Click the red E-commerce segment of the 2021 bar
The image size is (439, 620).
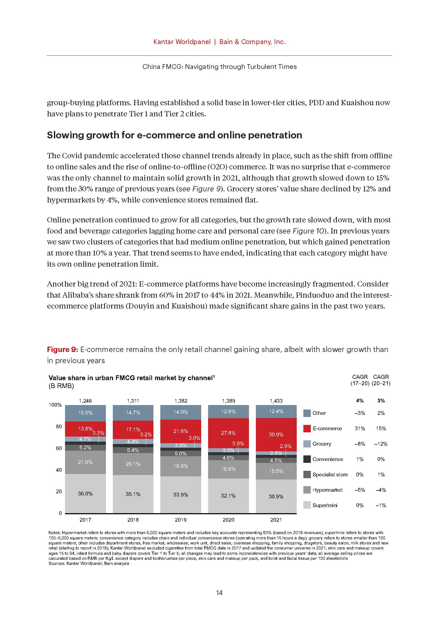276,434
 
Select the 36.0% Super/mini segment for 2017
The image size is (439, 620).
85,493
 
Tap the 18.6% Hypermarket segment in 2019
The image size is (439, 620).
180,466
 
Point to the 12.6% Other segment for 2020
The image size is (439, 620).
229,412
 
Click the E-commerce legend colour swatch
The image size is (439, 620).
307,429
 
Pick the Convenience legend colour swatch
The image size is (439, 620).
307,459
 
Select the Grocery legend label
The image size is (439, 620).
322,444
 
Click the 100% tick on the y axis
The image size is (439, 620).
55,405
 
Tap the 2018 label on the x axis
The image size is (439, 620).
133,520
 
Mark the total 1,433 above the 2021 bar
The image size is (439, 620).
276,401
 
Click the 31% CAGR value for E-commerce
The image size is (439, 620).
360,429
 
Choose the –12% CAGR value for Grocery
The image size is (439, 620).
381,444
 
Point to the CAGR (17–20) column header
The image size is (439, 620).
360,380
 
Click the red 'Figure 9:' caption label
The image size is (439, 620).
62,349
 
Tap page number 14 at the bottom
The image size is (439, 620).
219,593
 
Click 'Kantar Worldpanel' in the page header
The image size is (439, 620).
182,42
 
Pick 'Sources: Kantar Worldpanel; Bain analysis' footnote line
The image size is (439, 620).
89,564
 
